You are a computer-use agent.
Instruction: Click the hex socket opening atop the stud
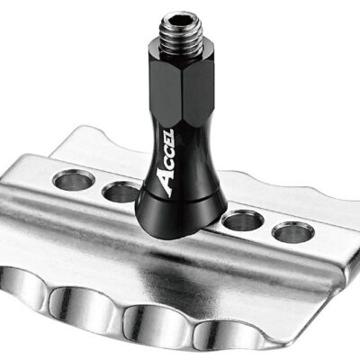point(182,21)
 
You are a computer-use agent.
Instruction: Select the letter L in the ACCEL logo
point(168,133)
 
